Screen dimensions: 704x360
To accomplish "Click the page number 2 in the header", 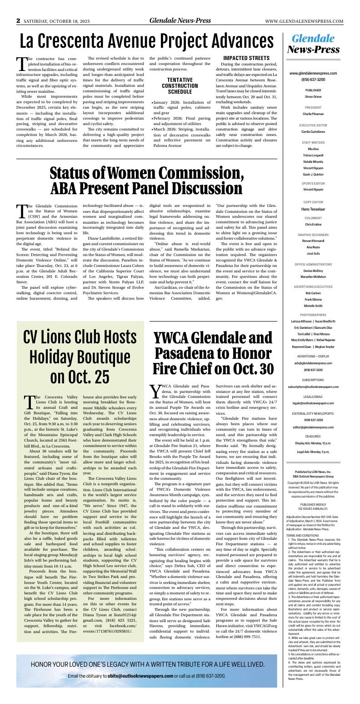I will (x=19, y=21).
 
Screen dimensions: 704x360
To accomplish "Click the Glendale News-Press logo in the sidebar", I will (x=313, y=44).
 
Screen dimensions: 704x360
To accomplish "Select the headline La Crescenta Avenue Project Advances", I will (x=146, y=42).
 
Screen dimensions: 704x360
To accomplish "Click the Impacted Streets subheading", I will (x=246, y=58).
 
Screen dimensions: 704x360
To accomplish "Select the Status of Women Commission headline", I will (x=146, y=181).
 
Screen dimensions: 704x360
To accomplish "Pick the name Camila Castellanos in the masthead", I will (x=313, y=131).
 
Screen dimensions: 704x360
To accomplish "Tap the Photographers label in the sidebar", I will (x=313, y=315).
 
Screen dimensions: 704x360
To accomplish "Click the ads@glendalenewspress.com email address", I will (x=313, y=363).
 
